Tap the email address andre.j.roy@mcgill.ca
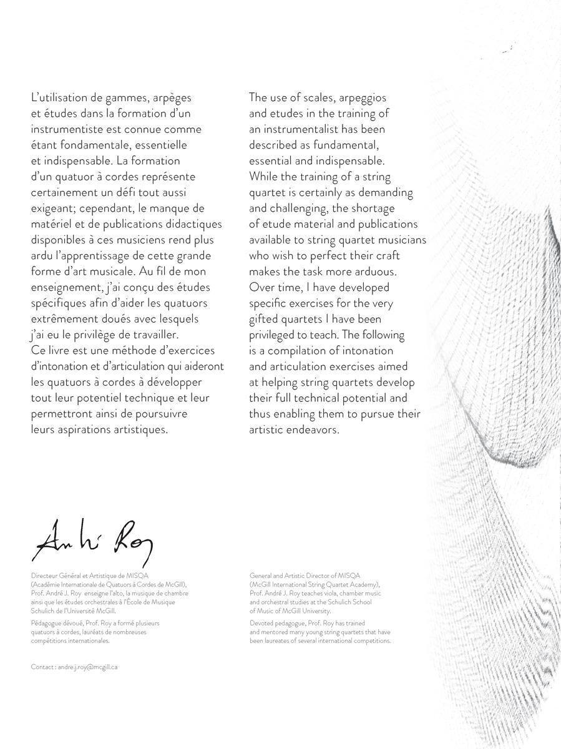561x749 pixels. coord(87,667)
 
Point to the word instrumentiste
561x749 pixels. coord(67,130)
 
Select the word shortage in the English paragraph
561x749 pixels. coord(374,208)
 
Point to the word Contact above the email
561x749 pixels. coord(43,667)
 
